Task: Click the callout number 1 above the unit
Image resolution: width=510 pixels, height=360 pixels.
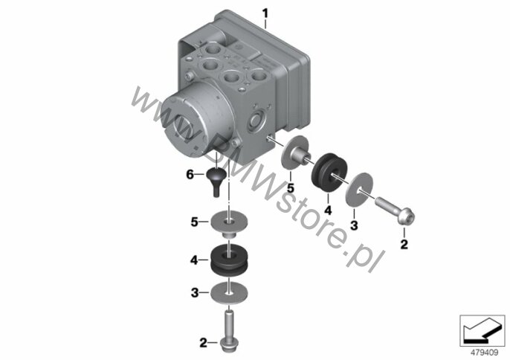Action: pos(265,13)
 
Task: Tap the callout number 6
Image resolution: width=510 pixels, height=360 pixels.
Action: pos(190,175)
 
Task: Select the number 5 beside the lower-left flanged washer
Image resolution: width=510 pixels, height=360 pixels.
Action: pos(194,222)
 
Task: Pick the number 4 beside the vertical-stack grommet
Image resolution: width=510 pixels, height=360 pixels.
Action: pos(194,260)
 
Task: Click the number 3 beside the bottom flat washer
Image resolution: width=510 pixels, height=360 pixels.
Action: pos(195,292)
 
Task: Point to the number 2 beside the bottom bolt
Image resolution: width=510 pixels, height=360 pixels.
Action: pos(203,342)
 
